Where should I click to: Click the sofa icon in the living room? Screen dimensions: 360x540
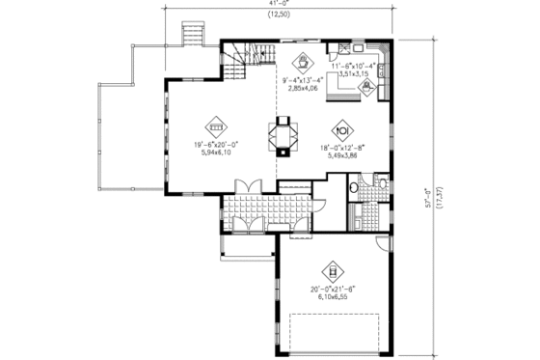pos(217,125)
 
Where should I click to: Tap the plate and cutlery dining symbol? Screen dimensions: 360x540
pos(340,129)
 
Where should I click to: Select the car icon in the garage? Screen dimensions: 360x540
pos(334,271)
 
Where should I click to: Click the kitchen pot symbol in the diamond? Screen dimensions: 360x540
pos(366,86)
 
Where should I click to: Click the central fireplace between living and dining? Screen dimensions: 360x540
pos(283,134)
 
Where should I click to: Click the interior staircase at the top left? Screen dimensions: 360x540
pos(252,56)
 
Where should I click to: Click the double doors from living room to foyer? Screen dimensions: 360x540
pos(247,185)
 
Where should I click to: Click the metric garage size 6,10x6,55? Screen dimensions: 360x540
pos(334,298)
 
